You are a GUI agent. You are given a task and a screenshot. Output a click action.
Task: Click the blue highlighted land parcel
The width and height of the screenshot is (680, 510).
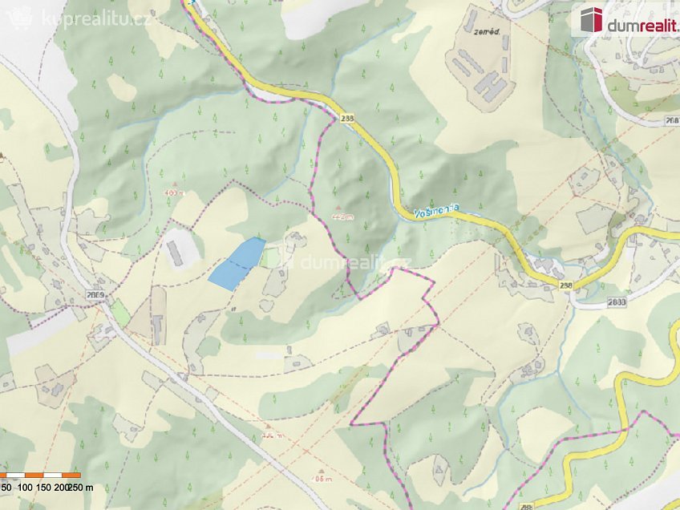[x=237, y=264]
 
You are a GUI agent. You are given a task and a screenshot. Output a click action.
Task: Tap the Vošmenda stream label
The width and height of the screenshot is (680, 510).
[x=437, y=212]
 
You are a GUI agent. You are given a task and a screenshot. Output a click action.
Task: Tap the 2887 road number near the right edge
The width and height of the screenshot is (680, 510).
[x=672, y=120]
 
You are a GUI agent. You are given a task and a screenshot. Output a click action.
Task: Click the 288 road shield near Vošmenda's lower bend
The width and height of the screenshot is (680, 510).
[x=567, y=285]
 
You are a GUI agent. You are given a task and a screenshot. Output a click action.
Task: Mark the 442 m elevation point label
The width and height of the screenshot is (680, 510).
[x=341, y=215]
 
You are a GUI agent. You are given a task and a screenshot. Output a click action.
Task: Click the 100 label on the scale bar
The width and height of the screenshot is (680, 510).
[x=25, y=487]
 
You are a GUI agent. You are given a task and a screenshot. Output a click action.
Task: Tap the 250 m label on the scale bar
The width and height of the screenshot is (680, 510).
[x=80, y=487]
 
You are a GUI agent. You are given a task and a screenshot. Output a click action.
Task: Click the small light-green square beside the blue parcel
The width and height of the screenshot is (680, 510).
[x=270, y=257]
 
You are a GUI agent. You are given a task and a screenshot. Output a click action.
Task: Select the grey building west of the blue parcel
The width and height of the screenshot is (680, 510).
[x=175, y=251]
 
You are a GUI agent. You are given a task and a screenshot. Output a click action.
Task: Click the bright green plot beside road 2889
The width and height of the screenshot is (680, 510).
[x=119, y=312]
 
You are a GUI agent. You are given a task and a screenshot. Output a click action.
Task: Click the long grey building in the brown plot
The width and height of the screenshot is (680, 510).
[x=158, y=326]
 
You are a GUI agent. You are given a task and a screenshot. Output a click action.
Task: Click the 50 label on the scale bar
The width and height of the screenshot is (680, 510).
[x=6, y=487]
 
